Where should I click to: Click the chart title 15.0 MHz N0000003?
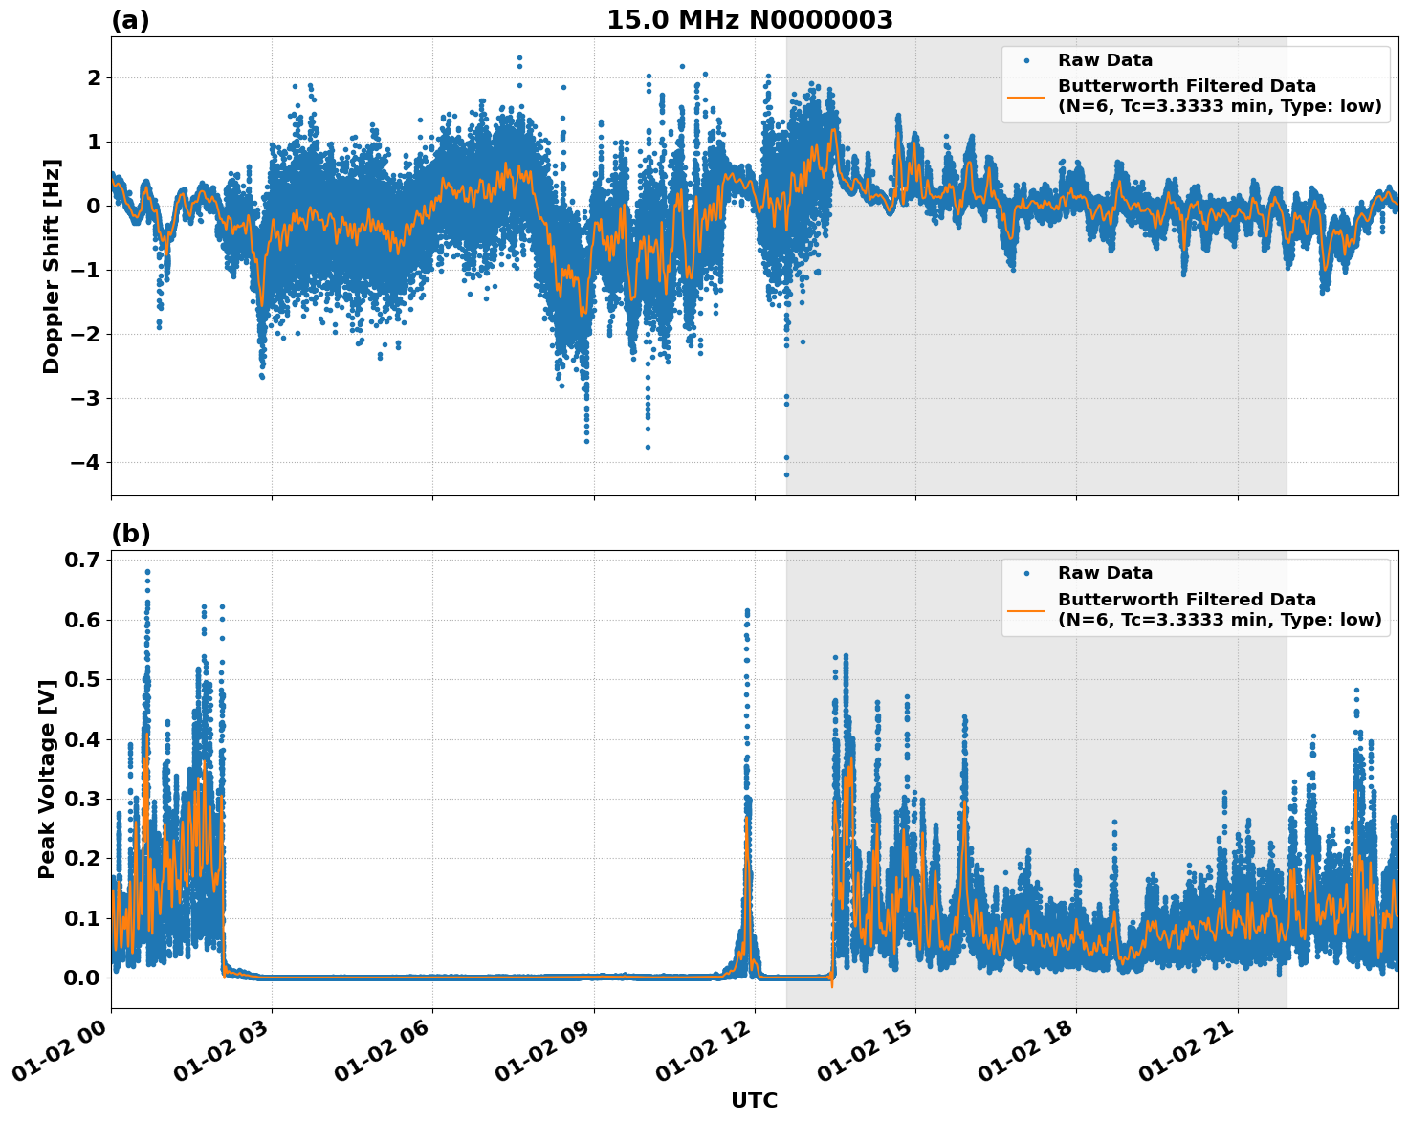click(x=750, y=20)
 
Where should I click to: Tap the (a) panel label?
click(x=130, y=20)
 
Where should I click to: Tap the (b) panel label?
click(x=131, y=534)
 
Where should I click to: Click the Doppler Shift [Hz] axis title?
click(x=52, y=266)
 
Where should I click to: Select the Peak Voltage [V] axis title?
click(x=47, y=779)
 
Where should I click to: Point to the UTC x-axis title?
click(x=754, y=1100)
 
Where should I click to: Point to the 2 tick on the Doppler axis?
click(x=93, y=77)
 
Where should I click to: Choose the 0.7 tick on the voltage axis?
click(x=81, y=560)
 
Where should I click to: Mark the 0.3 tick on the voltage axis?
click(x=81, y=799)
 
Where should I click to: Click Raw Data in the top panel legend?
click(x=1105, y=60)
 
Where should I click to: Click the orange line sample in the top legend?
click(x=1025, y=96)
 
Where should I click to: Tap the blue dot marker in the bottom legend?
click(x=1025, y=574)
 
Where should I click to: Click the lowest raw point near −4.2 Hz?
click(x=786, y=474)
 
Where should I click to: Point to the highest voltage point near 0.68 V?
click(x=147, y=572)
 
